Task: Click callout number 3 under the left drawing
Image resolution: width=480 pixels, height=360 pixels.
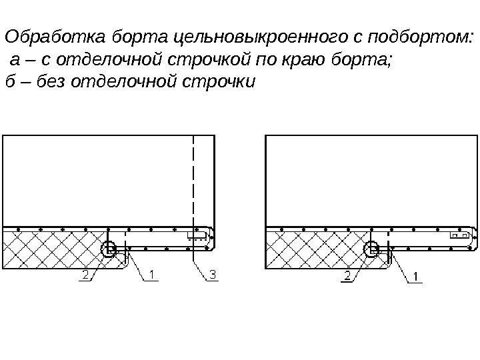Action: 213,274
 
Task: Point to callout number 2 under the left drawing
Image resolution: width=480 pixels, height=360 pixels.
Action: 85,274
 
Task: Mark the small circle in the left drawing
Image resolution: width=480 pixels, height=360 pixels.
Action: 107,250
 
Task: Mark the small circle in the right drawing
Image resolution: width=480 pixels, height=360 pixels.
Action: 371,250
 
